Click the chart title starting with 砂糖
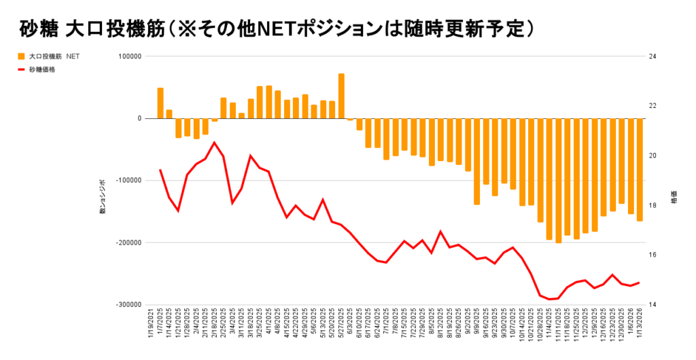click(276, 28)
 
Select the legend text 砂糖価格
click(42, 69)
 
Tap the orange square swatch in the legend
click(21, 56)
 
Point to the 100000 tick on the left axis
click(128, 56)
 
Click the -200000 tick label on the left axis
click(126, 242)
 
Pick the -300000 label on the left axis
click(126, 305)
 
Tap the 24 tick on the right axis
click(653, 56)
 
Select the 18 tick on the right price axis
click(653, 205)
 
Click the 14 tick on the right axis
click(653, 305)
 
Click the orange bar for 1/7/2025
click(160, 103)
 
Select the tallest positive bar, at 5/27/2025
click(341, 96)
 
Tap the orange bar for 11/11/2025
click(558, 181)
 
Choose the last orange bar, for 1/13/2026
click(640, 170)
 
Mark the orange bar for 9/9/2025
click(477, 162)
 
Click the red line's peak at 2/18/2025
click(214, 143)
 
